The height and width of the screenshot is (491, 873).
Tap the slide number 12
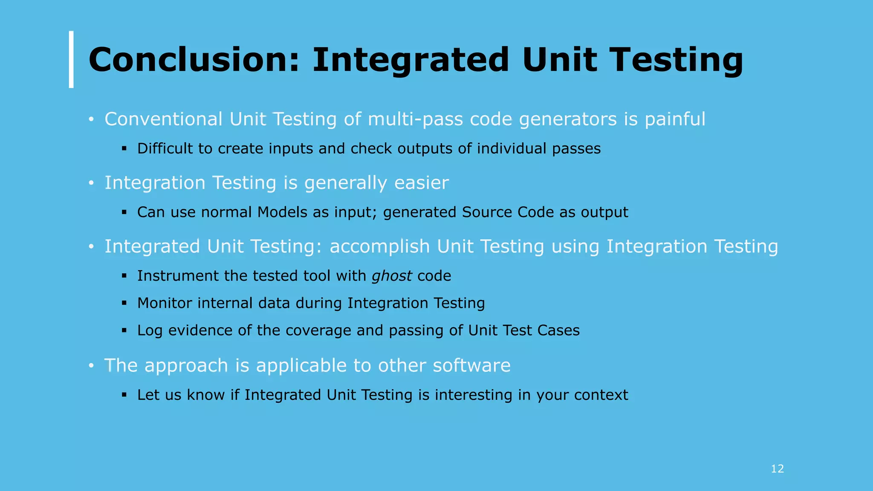coord(777,469)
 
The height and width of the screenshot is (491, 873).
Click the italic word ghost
coord(392,276)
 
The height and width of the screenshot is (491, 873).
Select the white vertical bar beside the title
coord(71,59)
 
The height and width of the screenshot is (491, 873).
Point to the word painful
coord(675,119)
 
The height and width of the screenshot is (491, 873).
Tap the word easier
coord(421,183)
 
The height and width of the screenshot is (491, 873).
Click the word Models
coord(282,212)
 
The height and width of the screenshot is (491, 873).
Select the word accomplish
coord(379,247)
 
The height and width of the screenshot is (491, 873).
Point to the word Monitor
coord(165,303)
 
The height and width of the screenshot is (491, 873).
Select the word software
coord(471,366)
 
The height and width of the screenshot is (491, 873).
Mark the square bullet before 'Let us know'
coord(124,395)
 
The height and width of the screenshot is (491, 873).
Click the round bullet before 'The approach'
coord(91,366)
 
